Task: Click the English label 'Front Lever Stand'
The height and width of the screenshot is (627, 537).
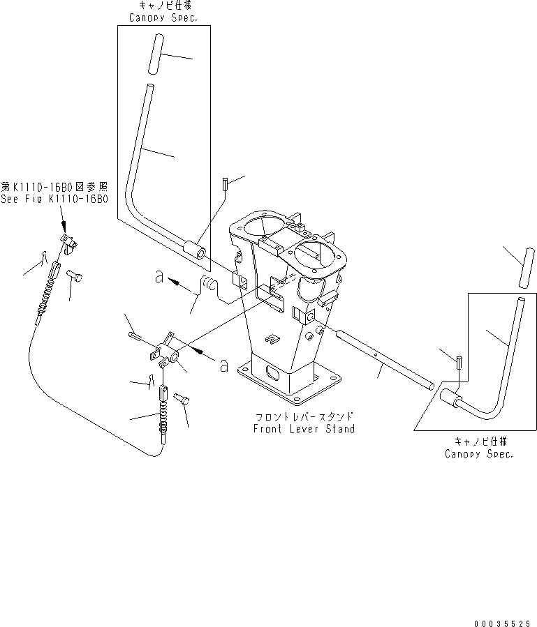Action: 304,429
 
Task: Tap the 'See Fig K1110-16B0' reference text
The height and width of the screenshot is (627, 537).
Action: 54,198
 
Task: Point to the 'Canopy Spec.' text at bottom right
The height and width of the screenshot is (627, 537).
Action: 478,454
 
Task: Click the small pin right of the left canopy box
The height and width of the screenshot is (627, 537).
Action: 225,184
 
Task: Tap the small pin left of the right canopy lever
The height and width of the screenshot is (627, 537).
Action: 459,363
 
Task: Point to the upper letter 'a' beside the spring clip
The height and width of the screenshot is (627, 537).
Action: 160,278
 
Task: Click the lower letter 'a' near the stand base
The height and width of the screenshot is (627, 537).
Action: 223,365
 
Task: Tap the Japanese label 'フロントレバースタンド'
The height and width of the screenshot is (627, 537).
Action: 304,416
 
